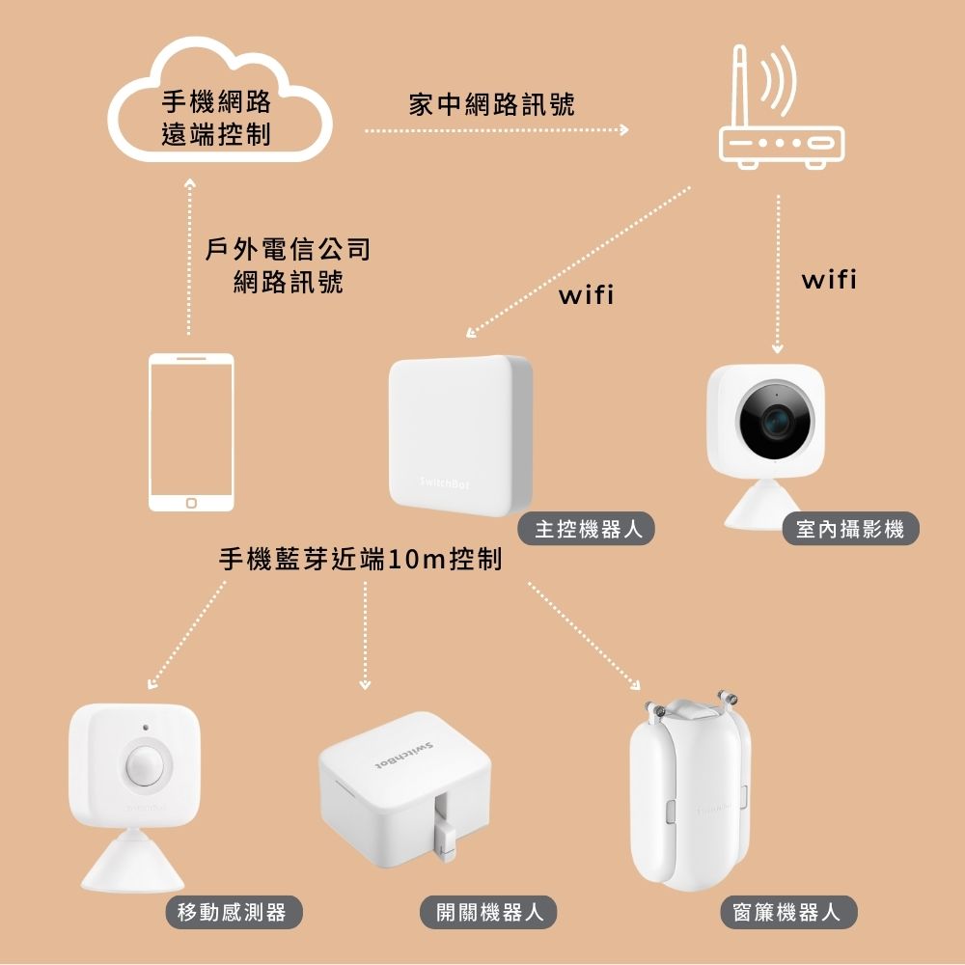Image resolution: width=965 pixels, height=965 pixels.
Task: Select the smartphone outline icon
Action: coord(191,431)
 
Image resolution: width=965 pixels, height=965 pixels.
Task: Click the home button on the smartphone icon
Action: coord(191,503)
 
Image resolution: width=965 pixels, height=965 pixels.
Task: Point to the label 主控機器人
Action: coord(587,529)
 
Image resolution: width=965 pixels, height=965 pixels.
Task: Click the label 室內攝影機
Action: coord(850,529)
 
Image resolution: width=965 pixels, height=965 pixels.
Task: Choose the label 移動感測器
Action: coord(232,912)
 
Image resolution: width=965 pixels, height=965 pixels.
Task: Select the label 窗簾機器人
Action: coord(787,912)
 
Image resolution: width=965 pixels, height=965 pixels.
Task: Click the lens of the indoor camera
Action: coord(775,423)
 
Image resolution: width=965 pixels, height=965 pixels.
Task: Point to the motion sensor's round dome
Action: coord(147,762)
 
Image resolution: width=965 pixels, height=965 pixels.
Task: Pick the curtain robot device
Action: coord(689,792)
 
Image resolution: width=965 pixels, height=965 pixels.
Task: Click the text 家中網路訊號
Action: coord(491,104)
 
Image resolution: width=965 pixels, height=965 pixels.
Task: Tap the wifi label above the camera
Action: coord(828,281)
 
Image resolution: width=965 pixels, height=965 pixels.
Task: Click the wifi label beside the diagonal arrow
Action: coord(586,294)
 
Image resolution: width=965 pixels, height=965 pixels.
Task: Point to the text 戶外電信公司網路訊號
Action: coord(289,266)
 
